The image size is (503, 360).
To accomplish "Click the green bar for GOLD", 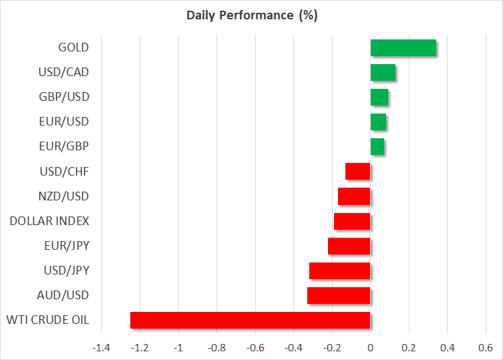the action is coord(403,48).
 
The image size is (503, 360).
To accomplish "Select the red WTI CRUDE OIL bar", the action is coord(250,320).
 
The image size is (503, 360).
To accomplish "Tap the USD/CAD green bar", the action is coord(383,73).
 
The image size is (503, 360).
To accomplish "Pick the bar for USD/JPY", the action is coord(340,271).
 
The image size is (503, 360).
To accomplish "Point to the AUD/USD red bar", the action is coord(339,295).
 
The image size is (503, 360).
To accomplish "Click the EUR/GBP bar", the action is coord(377,147).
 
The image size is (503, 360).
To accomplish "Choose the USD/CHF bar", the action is coord(357,172).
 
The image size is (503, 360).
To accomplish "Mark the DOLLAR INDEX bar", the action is coord(352,221).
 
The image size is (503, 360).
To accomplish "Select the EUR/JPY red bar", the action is coord(349,246).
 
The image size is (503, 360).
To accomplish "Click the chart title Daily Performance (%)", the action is coord(252,15).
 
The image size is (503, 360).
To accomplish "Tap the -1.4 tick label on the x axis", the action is coord(101,348).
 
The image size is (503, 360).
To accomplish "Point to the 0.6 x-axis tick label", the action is coord(486,348).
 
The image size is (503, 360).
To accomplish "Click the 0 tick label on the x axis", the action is coord(371,348).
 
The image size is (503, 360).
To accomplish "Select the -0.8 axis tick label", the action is coord(216,348).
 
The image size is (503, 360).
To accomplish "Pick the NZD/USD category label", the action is coord(63,196).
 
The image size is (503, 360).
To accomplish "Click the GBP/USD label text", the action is coord(64,97).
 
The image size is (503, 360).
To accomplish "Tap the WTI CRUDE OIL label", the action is coord(48,320).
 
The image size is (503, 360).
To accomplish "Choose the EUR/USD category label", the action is coord(64,122).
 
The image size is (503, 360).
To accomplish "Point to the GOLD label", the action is coord(73,47).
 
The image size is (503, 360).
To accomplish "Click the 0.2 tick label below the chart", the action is coord(409,348).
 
